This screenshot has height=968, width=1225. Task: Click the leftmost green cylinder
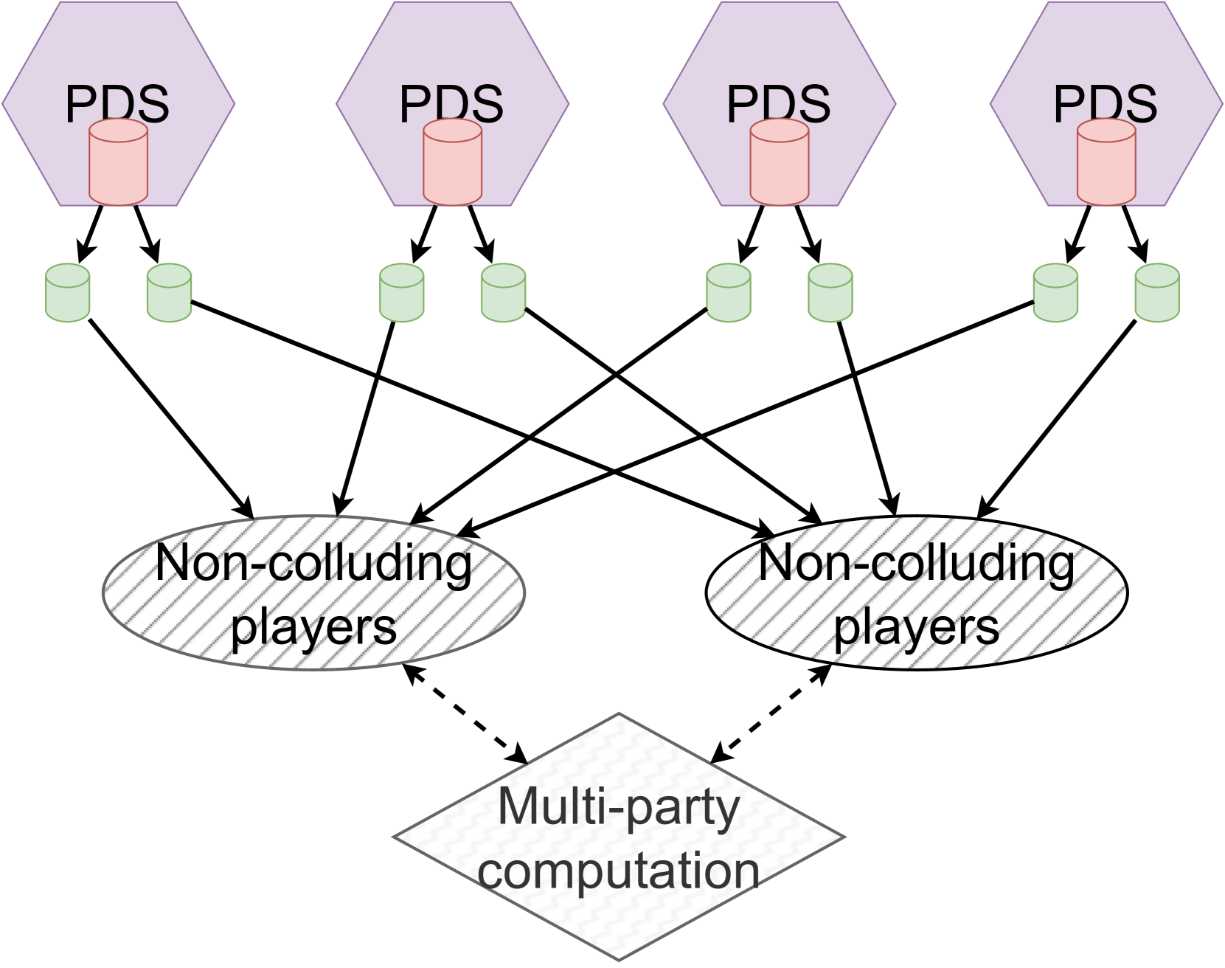point(68,294)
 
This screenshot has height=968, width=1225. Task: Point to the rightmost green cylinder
point(1156,294)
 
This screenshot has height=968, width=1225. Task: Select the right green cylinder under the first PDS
point(170,294)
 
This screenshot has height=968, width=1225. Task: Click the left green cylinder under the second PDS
point(401,294)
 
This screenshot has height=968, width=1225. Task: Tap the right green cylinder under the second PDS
point(503,294)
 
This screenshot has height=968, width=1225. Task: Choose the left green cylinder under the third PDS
point(729,294)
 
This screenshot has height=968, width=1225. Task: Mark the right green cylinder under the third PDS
point(830,294)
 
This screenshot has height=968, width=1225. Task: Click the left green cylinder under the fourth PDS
point(1055,294)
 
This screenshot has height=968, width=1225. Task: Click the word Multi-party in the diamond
point(618,808)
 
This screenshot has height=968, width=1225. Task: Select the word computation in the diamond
point(618,871)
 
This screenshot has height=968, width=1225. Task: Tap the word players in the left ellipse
point(313,628)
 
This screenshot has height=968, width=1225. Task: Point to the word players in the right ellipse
point(917,628)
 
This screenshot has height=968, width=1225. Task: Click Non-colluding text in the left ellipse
point(313,564)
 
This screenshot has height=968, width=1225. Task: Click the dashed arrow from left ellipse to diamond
point(466,714)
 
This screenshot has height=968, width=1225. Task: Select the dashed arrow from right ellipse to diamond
point(771,713)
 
